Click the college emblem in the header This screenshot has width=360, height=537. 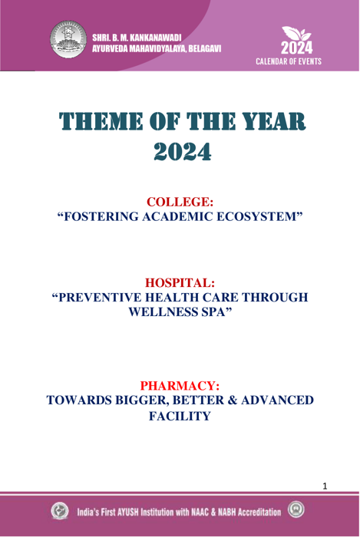[x=68, y=38]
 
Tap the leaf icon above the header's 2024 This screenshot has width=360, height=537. [x=296, y=34]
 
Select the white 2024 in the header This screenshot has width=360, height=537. [x=296, y=48]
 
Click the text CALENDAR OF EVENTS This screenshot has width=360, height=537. [x=289, y=61]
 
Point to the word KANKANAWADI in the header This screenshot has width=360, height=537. [x=156, y=38]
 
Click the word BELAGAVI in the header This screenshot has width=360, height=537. [x=204, y=48]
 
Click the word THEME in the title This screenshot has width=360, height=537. [x=101, y=121]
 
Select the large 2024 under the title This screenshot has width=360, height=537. [x=182, y=152]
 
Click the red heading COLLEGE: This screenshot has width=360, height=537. [x=180, y=202]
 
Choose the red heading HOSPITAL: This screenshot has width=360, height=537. [x=180, y=283]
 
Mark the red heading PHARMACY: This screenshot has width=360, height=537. [x=180, y=386]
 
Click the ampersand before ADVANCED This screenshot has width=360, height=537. [x=233, y=400]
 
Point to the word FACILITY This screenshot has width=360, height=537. [x=180, y=416]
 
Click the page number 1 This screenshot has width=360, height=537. [x=325, y=486]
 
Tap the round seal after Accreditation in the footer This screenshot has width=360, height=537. [x=296, y=509]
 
